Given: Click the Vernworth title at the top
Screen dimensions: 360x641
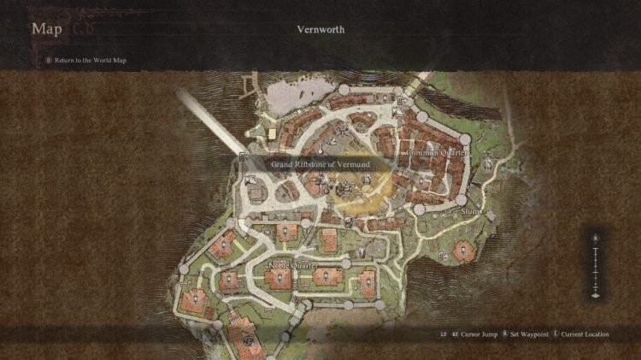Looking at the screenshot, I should pyautogui.click(x=320, y=30).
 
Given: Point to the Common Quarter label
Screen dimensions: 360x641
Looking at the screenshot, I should pyautogui.click(x=437, y=152).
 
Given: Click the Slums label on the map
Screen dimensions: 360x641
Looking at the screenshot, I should pyautogui.click(x=471, y=210).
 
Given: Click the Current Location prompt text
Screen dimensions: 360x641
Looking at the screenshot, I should pyautogui.click(x=589, y=334).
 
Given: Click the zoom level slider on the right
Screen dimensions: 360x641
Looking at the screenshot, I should pyautogui.click(x=596, y=265).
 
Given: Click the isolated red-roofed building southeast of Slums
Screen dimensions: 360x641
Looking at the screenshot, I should pyautogui.click(x=462, y=250).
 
